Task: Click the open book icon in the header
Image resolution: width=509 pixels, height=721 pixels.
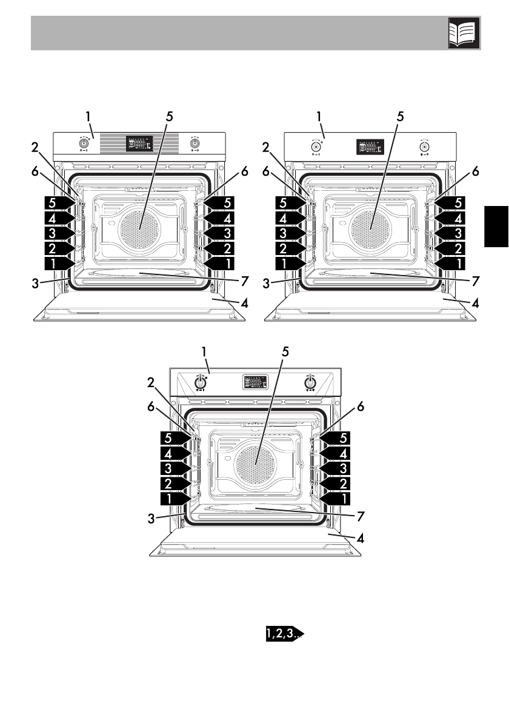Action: tap(464, 33)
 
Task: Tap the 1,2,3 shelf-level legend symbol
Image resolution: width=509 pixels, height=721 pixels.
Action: tap(282, 635)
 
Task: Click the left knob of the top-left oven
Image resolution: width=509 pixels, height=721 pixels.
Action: tap(82, 144)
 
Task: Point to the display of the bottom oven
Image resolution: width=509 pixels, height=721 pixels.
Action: tap(255, 383)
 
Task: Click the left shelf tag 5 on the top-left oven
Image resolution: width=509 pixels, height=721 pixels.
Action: tap(57, 202)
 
